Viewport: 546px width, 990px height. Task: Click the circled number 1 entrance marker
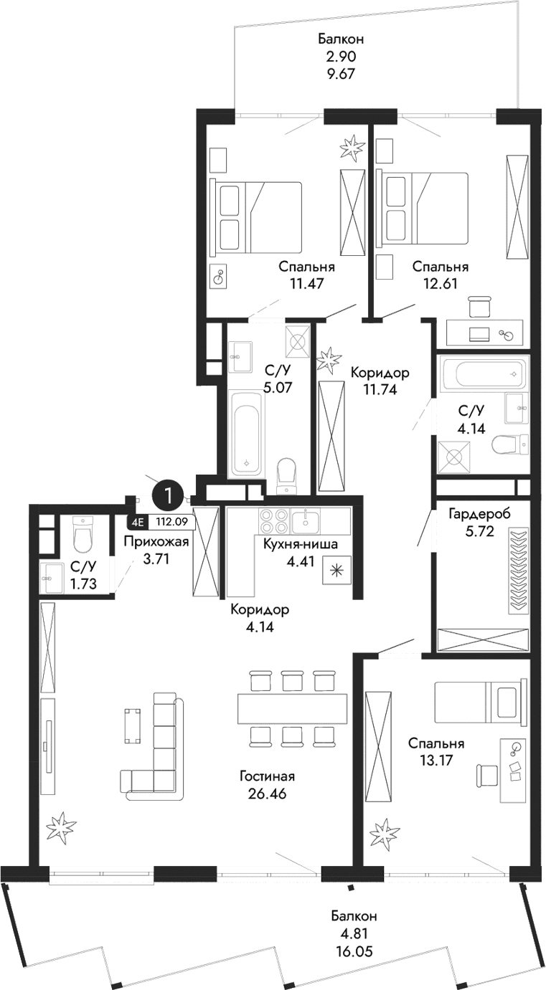click(168, 495)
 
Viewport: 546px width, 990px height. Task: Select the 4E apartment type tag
click(137, 523)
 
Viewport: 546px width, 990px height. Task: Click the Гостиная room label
click(268, 776)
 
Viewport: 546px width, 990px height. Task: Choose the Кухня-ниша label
click(300, 545)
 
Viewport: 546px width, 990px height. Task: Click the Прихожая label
click(156, 542)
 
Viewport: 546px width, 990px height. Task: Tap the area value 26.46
click(268, 794)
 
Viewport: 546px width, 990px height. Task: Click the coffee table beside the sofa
click(131, 725)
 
